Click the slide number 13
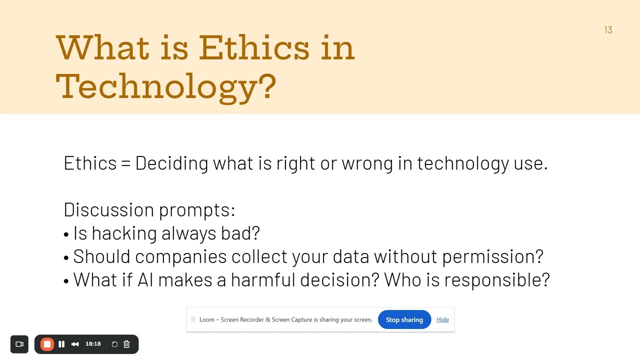point(608,30)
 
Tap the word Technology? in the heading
point(165,86)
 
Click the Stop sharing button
point(404,319)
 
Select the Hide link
point(442,319)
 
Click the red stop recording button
point(47,344)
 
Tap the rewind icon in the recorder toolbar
point(75,344)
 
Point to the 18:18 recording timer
point(93,344)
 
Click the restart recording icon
point(114,344)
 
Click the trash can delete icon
point(126,344)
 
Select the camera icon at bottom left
point(19,344)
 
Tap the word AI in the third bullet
point(145,279)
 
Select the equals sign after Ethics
point(125,163)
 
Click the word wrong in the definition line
point(367,163)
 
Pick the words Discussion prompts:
point(149,209)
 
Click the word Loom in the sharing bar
point(206,319)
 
